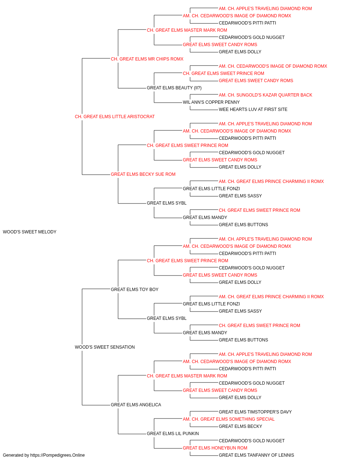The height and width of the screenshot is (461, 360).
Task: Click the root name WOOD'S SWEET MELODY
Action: (x=30, y=232)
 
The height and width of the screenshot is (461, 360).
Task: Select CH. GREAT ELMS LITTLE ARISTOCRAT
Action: (x=115, y=117)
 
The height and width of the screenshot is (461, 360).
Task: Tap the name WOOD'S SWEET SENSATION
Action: (x=105, y=347)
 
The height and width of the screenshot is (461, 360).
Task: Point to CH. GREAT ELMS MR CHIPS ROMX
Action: (x=147, y=59)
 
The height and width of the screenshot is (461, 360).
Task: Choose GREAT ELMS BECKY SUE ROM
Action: (x=143, y=174)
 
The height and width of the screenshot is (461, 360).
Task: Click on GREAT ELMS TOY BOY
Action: (x=135, y=289)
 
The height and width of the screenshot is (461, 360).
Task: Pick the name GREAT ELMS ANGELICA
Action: (x=136, y=404)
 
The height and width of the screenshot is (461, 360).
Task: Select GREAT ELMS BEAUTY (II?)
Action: (x=174, y=88)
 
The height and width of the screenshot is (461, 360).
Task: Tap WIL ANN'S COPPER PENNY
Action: (x=211, y=102)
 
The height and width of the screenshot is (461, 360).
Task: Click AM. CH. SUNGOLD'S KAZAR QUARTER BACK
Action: (x=265, y=95)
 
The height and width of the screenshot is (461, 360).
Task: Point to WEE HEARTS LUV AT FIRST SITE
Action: (x=253, y=109)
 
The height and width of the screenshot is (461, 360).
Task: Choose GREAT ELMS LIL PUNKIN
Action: (x=173, y=433)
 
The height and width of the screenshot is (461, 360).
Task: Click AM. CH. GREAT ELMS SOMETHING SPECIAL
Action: (x=229, y=419)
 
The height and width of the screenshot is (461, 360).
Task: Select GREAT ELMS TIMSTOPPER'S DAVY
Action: (x=255, y=412)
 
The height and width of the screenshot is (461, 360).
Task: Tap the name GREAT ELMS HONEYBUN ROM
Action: (x=215, y=448)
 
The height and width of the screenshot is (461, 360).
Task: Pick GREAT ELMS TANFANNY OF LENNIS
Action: (x=256, y=455)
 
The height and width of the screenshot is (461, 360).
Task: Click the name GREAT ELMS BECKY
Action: (x=240, y=426)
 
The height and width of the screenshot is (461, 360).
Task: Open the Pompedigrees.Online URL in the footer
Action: (x=58, y=455)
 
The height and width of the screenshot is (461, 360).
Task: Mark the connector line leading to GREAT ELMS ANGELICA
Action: (x=82, y=378)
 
